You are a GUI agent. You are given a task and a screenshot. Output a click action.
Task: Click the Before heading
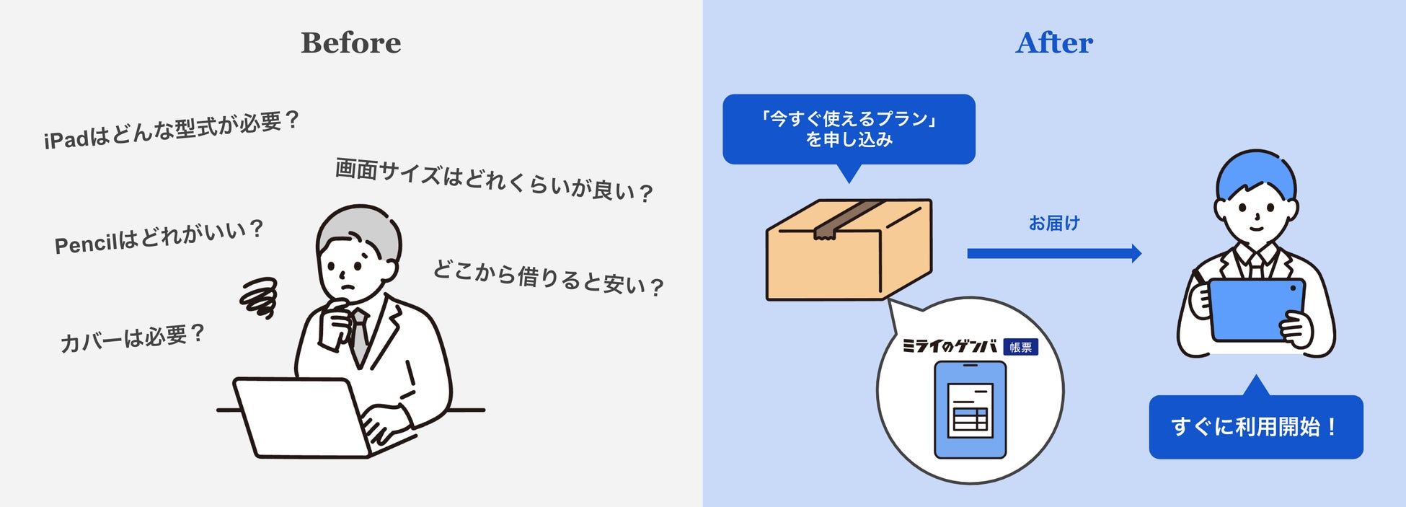tap(350, 43)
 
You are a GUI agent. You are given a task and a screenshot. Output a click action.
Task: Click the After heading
tap(1054, 43)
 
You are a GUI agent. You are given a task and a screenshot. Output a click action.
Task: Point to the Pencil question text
tap(159, 237)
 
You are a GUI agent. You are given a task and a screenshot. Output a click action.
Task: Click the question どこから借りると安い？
tap(547, 278)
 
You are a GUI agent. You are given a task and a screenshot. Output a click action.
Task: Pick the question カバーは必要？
tap(133, 338)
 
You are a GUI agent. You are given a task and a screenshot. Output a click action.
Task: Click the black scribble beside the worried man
tap(259, 297)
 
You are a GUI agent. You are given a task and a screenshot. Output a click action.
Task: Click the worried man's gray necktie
tap(358, 335)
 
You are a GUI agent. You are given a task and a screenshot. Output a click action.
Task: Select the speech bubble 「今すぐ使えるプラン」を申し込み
tap(849, 129)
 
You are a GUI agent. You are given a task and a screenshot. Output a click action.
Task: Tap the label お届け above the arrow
tap(1054, 224)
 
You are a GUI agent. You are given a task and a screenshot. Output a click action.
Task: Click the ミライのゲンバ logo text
tap(950, 347)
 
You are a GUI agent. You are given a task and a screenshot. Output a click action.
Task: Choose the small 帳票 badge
tap(1020, 348)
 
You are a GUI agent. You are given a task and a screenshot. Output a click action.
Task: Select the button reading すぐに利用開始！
tap(1255, 427)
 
